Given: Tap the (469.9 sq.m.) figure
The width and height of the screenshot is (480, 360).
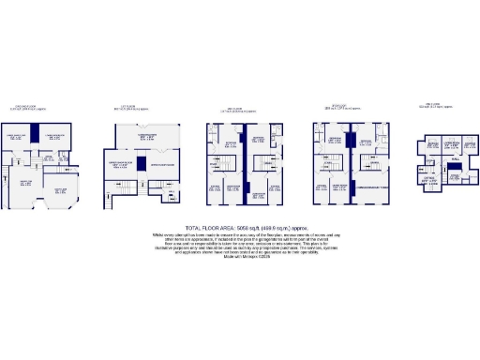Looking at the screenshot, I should pos(280,229).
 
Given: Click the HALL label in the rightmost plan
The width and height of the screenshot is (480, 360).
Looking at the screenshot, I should pos(454,160).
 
